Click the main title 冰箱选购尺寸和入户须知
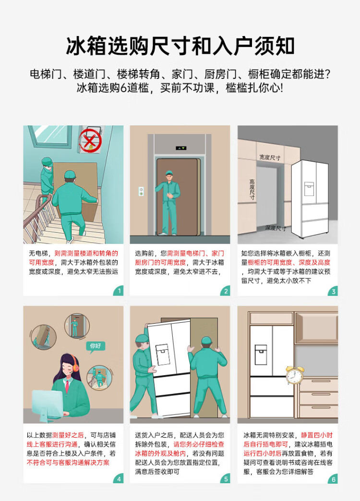pos(180,46)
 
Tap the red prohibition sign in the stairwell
pos(90,141)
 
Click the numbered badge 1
pos(119,291)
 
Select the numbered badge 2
pos(226,291)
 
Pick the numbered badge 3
pos(333,291)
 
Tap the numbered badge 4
pos(119,478)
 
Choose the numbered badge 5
pos(226,478)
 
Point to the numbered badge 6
pos(333,478)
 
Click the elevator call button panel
pos(141,191)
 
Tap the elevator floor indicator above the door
pos(180,148)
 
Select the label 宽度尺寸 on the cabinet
pos(270,157)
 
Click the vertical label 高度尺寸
pos(252,189)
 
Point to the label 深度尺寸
pos(276,228)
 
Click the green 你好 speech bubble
pos(96,346)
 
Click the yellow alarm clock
pos(294,375)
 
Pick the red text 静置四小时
pos(317,435)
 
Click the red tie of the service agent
pos(67,387)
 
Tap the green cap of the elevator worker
pos(169,173)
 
